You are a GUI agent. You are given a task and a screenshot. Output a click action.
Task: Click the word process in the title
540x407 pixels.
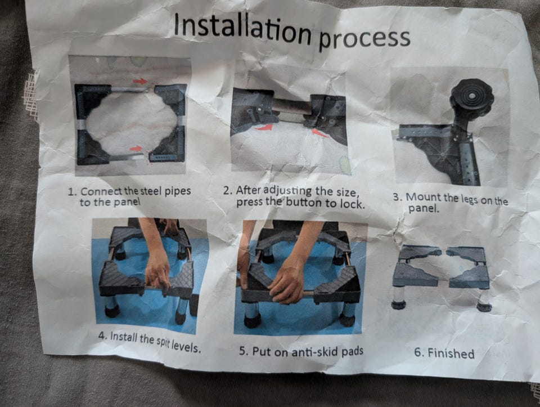click(364, 39)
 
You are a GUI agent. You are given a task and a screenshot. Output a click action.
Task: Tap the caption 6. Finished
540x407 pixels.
click(444, 352)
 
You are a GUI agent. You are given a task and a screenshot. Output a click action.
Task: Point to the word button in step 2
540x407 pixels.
click(304, 203)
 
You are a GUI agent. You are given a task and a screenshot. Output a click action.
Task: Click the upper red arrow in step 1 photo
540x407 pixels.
click(140, 81)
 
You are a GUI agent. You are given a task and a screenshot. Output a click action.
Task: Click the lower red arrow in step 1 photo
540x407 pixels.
click(136, 149)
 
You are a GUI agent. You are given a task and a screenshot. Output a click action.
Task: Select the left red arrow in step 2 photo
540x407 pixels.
click(264, 128)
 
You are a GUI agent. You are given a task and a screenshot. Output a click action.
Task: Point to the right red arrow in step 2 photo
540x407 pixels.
click(320, 133)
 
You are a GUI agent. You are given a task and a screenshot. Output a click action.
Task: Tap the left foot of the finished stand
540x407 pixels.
click(398, 305)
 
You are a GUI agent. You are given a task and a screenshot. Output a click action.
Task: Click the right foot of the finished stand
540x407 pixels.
click(484, 307)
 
